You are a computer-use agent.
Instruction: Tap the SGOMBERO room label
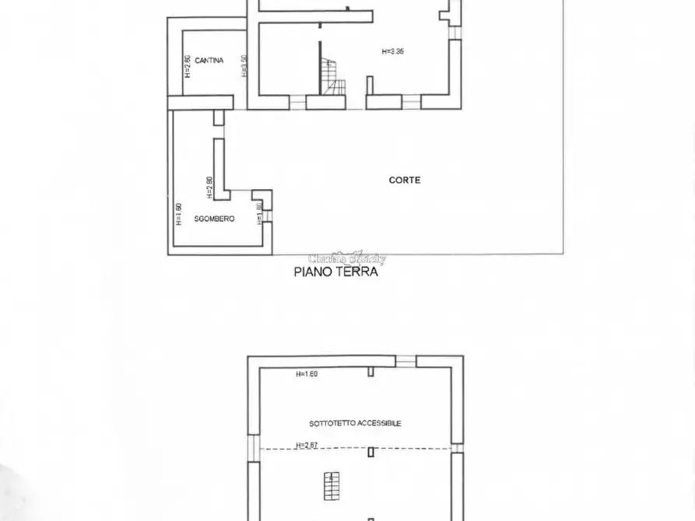(214, 219)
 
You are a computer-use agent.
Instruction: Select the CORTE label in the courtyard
(405, 180)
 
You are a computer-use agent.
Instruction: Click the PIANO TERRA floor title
(335, 272)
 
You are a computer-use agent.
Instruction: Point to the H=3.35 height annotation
(393, 51)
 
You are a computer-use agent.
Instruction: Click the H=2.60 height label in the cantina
(188, 66)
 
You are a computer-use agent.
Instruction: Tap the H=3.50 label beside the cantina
(244, 66)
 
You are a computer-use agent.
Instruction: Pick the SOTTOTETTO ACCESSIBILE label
(355, 423)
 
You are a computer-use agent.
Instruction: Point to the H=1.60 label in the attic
(307, 374)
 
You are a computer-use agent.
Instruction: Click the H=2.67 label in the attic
(307, 446)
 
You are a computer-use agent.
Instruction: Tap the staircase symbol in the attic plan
(333, 486)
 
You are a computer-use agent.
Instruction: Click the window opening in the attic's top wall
(405, 362)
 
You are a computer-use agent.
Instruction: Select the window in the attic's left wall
(252, 448)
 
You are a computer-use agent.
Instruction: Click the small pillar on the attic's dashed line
(372, 452)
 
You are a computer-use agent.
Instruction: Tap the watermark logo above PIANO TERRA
(346, 258)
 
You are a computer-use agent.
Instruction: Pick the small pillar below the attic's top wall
(371, 372)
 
